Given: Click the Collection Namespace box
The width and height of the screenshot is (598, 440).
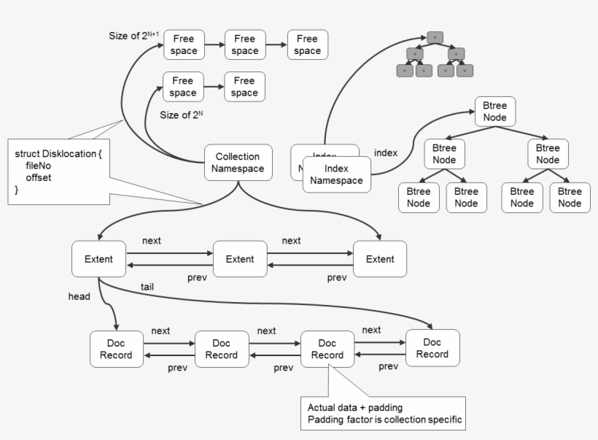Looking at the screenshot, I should (x=238, y=162).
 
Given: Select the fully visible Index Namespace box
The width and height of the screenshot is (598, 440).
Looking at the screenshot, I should (x=337, y=174).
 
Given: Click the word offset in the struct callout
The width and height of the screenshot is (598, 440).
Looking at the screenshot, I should (x=39, y=177).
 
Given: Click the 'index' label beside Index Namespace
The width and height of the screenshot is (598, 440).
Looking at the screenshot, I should (x=385, y=153).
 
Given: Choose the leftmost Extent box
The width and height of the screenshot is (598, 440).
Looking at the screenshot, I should (x=98, y=259).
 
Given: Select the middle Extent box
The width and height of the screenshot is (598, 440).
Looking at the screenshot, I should (x=239, y=259).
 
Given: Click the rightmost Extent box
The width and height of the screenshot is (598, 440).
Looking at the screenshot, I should (x=380, y=259).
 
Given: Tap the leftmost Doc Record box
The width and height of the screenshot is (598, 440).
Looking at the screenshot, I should (x=116, y=349).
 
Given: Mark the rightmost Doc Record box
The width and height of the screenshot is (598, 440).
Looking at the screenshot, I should (x=432, y=348).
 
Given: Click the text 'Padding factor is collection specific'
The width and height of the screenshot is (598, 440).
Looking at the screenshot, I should (x=385, y=420).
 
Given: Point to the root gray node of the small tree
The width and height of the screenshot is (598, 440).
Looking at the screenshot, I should (x=435, y=36).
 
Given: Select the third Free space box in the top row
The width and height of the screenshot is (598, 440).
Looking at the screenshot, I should (x=307, y=45).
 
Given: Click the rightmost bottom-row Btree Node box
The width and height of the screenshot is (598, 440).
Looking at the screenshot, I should (x=570, y=198).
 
